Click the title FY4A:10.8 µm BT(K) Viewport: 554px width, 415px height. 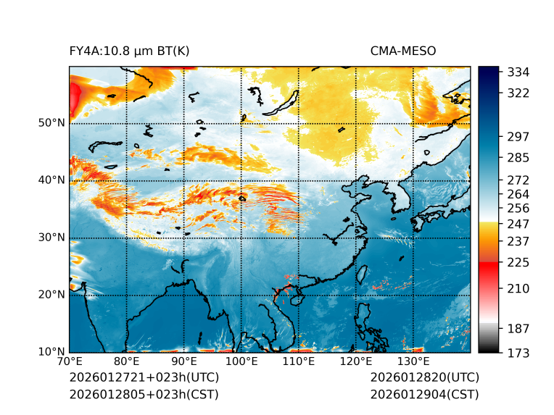tap(129, 51)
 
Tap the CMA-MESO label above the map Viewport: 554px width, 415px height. tap(402, 51)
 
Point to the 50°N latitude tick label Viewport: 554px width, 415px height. tap(51, 122)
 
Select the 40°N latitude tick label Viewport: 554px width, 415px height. tap(51, 180)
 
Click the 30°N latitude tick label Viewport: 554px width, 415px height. tap(51, 237)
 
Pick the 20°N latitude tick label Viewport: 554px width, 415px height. tap(51, 295)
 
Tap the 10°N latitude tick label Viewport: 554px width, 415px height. tap(51, 352)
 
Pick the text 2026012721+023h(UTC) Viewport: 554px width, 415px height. tap(144, 378)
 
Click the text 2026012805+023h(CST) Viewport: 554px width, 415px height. tap(144, 395)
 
